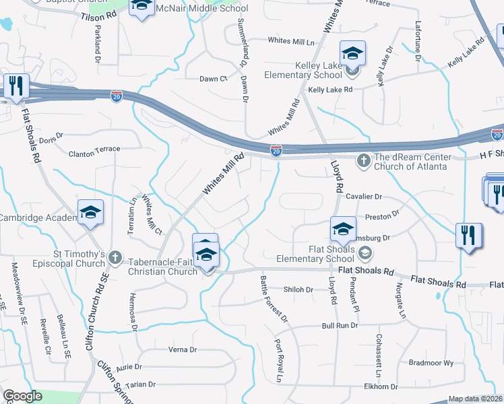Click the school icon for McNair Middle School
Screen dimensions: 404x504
pos(141,7)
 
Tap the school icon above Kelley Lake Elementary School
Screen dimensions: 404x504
pos(352,53)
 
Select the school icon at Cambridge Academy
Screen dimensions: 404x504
pos(90,212)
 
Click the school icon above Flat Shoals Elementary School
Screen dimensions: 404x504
pos(343,230)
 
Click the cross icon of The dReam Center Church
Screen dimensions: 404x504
pos(364,160)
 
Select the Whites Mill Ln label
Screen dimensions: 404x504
pos(292,41)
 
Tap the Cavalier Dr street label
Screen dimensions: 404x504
pos(364,197)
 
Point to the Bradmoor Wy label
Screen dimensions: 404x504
pos(431,362)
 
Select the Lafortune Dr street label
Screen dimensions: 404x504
pos(418,46)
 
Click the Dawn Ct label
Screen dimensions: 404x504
pos(213,79)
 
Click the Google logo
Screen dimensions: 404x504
pos(22,396)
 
